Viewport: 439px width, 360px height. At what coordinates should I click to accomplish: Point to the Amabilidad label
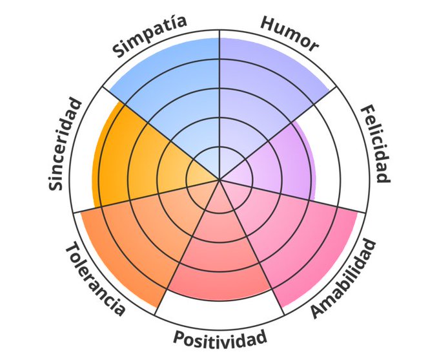coord(342,278)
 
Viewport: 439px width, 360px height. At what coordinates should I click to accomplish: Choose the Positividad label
coord(219,338)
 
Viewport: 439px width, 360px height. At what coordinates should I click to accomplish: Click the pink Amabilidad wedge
coord(291,239)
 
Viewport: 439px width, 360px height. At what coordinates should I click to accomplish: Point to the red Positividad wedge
coord(219,259)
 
